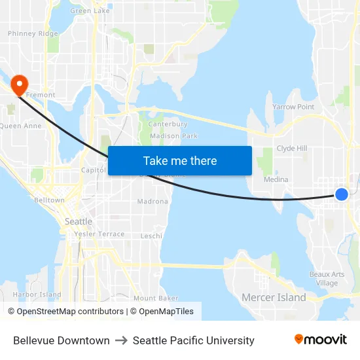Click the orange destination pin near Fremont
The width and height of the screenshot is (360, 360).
pyautogui.click(x=20, y=84)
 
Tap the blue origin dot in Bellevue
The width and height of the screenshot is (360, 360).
pyautogui.click(x=341, y=194)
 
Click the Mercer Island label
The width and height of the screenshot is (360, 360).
pyautogui.click(x=274, y=297)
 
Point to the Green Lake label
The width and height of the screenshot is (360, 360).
pyautogui.click(x=90, y=11)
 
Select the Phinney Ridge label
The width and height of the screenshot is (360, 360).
pyautogui.click(x=33, y=33)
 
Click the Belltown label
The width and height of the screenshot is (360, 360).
pyautogui.click(x=49, y=200)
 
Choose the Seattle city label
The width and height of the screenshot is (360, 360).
pyautogui.click(x=79, y=221)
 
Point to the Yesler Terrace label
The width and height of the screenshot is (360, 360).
pyautogui.click(x=99, y=234)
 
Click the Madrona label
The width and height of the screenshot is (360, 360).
pyautogui.click(x=153, y=201)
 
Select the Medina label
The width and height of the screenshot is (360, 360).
pyautogui.click(x=276, y=179)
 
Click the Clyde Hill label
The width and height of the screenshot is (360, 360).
pyautogui.click(x=292, y=149)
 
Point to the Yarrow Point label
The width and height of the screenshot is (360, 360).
pyautogui.click(x=293, y=107)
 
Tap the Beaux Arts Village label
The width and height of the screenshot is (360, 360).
pyautogui.click(x=327, y=279)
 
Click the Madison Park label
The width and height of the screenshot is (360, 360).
pyautogui.click(x=173, y=136)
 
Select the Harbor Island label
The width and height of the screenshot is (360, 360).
pyautogui.click(x=37, y=295)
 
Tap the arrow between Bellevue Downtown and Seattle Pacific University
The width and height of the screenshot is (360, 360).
pyautogui.click(x=121, y=340)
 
